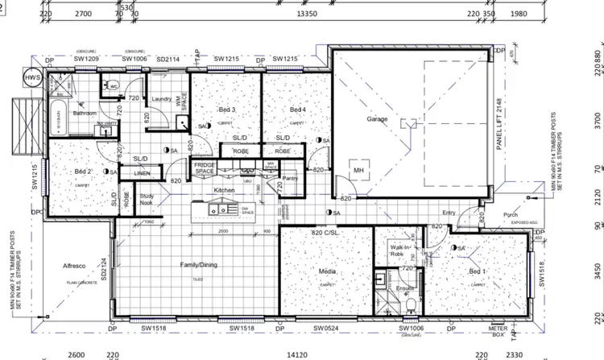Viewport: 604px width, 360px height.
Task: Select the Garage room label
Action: pyautogui.click(x=377, y=119)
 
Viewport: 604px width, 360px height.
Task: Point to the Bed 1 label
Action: pyautogui.click(x=478, y=273)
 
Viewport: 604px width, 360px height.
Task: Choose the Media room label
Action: pyautogui.click(x=328, y=271)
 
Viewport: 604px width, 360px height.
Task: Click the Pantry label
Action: pyautogui.click(x=291, y=178)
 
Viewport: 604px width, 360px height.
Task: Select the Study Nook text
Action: pyautogui.click(x=147, y=199)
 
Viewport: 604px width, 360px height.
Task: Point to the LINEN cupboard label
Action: pyautogui.click(x=142, y=173)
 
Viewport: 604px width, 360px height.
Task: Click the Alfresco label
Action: pyautogui.click(x=74, y=265)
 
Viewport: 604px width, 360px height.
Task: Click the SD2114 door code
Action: pyautogui.click(x=168, y=60)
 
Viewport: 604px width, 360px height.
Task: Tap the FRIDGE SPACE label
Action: pyautogui.click(x=204, y=168)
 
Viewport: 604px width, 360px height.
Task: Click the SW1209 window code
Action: pyautogui.click(x=87, y=60)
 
